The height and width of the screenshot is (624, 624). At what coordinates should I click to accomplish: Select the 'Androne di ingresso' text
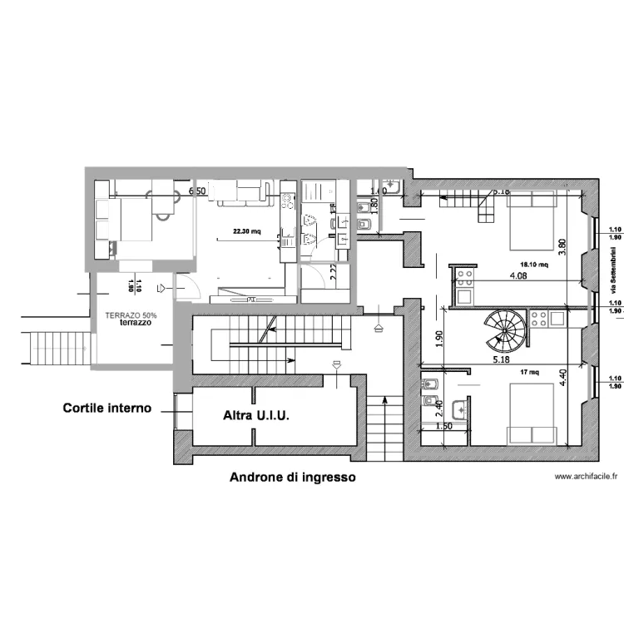(x=292, y=478)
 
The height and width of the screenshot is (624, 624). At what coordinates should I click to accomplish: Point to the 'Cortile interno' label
(x=107, y=385)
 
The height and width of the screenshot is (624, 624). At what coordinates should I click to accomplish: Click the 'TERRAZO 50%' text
(x=131, y=315)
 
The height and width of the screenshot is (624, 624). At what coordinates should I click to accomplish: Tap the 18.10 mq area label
(x=532, y=265)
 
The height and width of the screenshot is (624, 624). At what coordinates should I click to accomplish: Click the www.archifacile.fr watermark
(x=587, y=477)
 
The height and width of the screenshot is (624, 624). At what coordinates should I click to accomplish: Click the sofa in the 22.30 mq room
(x=242, y=194)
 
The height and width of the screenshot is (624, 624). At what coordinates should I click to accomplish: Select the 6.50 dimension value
(x=197, y=191)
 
